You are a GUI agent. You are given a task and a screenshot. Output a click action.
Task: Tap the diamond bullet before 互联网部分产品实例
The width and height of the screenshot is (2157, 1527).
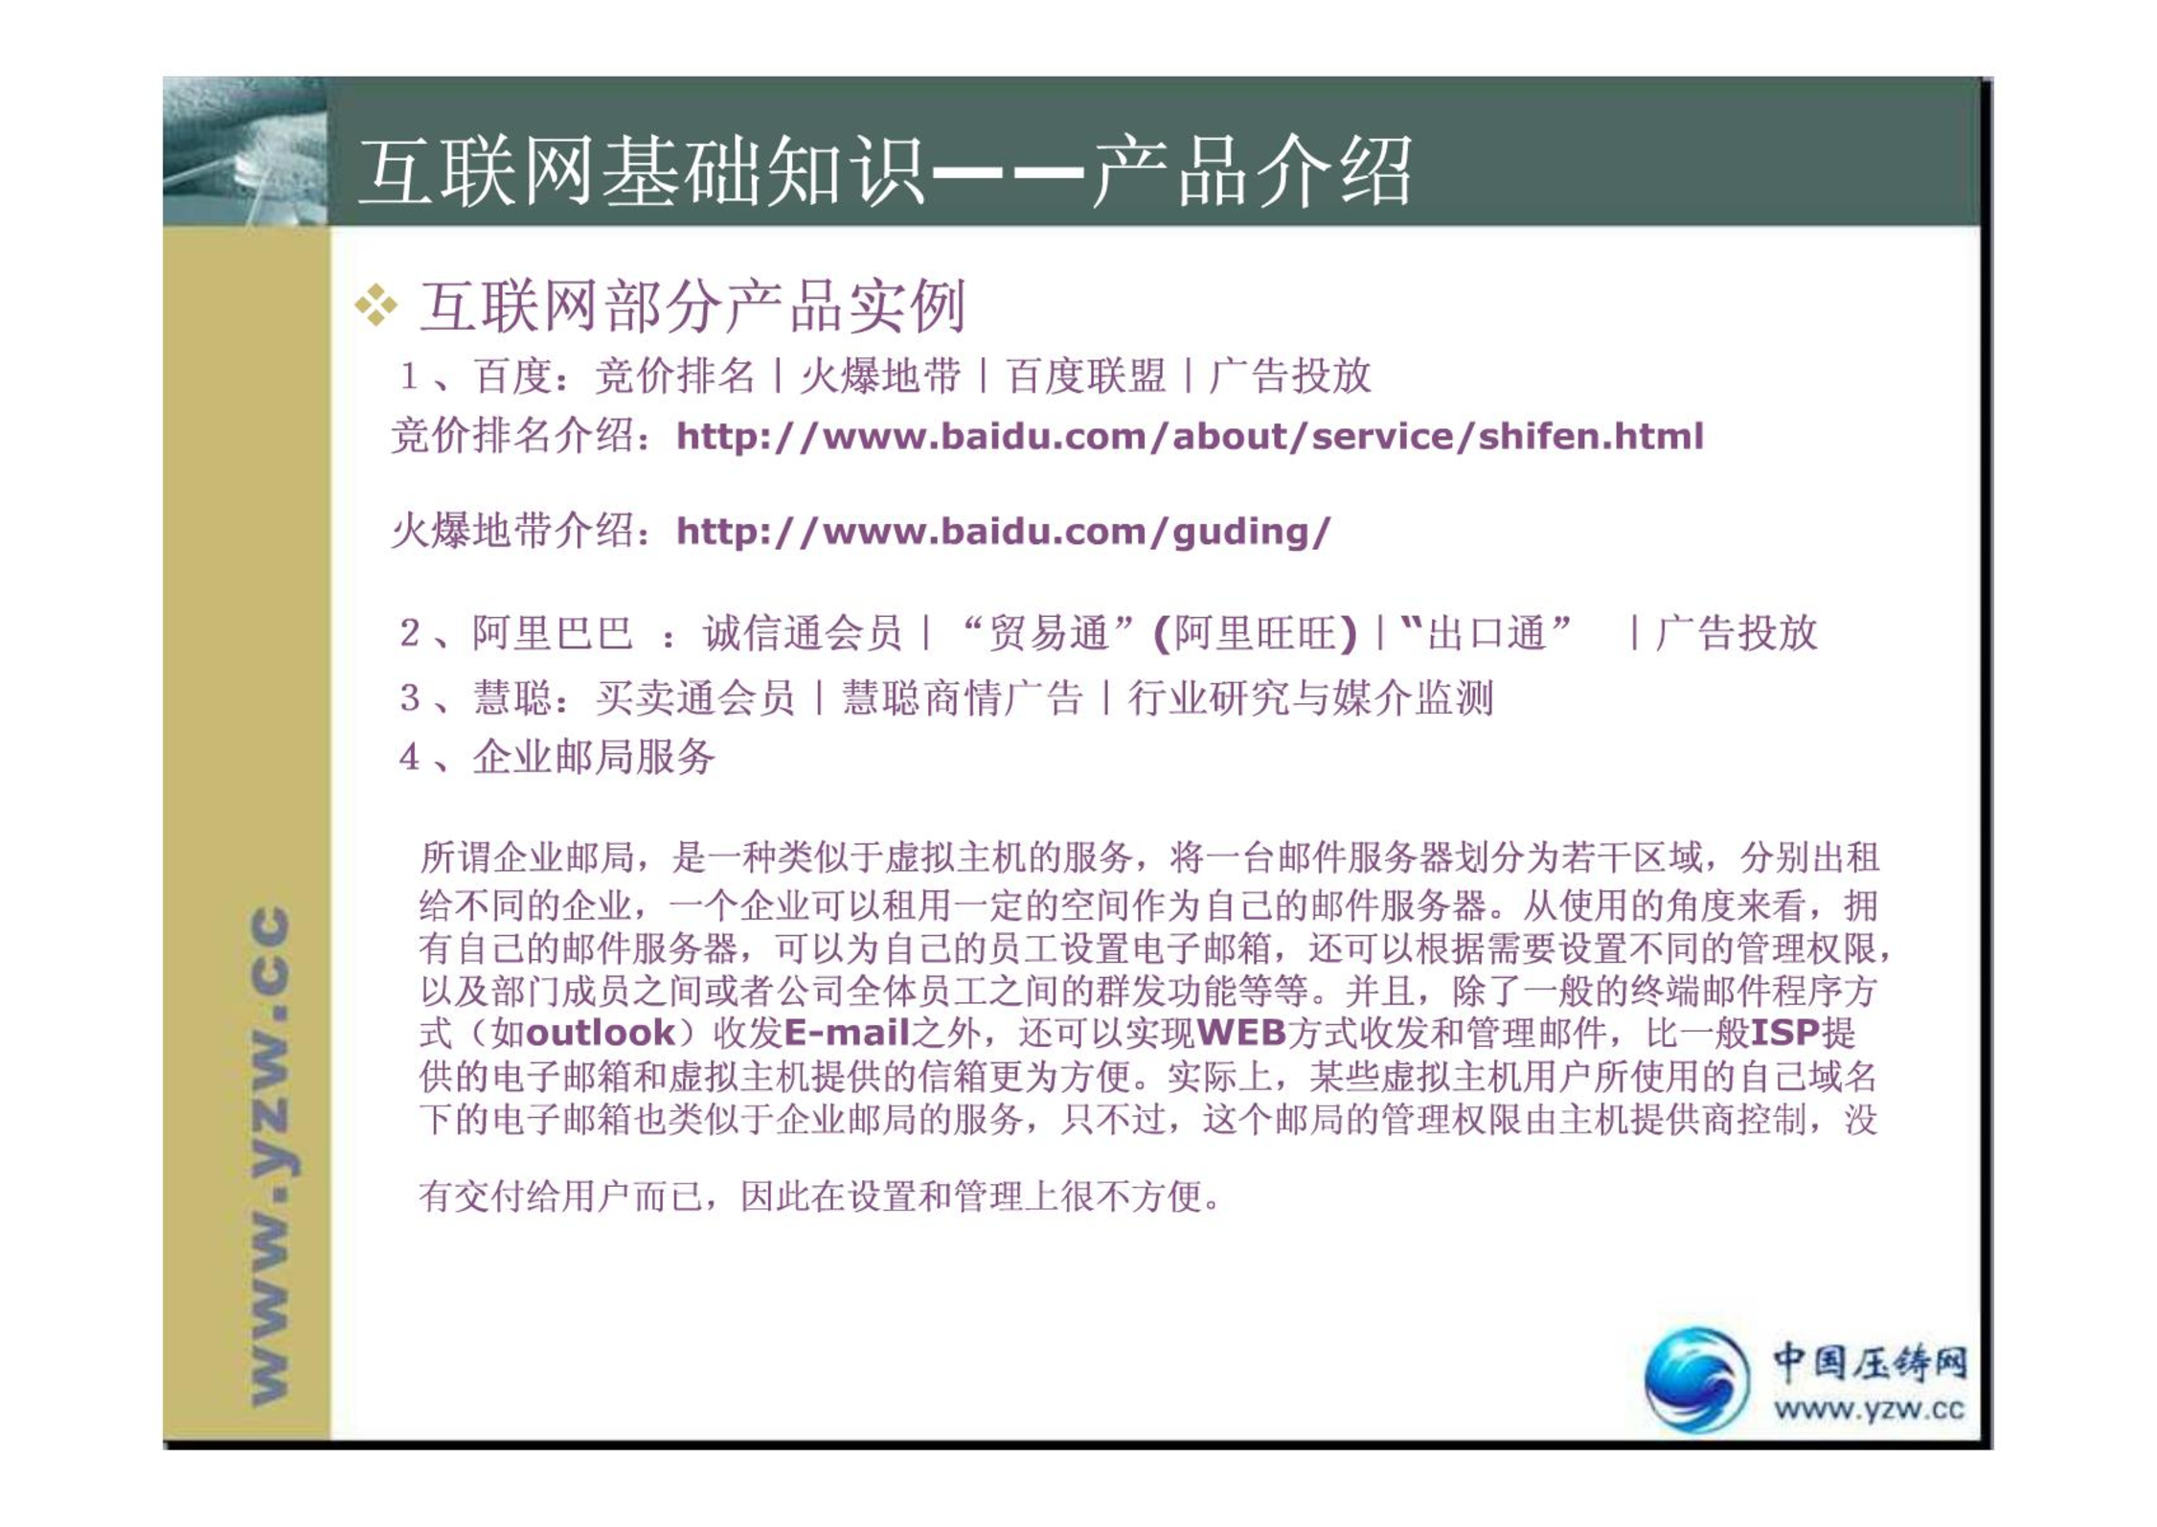[x=375, y=306]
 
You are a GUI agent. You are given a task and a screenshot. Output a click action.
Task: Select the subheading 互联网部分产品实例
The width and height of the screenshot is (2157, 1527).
[x=692, y=307]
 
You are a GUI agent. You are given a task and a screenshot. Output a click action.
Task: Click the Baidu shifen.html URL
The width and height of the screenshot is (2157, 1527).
[x=1190, y=437]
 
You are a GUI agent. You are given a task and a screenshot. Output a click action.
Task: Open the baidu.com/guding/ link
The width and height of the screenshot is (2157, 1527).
[x=1004, y=532]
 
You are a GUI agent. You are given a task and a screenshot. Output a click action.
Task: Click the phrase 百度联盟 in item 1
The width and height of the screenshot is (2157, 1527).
[x=1085, y=376]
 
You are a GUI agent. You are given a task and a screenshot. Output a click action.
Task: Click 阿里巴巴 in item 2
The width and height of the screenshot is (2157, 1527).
[x=553, y=633]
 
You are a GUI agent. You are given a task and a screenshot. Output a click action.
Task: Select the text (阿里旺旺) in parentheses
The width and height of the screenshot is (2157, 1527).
[x=1256, y=633]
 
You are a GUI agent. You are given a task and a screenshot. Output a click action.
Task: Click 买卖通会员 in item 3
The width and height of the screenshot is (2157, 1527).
[x=694, y=698]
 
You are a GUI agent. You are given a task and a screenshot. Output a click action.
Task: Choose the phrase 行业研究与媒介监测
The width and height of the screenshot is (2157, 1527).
[x=1311, y=698]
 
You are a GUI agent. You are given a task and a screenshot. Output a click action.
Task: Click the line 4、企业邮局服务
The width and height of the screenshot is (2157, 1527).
[x=557, y=758]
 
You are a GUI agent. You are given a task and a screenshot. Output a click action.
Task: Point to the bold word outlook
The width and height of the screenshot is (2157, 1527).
[x=602, y=1033]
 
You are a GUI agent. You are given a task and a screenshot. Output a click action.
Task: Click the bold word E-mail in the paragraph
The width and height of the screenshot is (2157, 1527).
[x=847, y=1033]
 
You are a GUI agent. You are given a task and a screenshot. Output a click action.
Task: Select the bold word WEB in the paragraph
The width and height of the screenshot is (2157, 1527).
[x=1241, y=1033]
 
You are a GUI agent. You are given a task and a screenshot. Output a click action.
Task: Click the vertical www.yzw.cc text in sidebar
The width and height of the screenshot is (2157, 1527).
[x=271, y=1156]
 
